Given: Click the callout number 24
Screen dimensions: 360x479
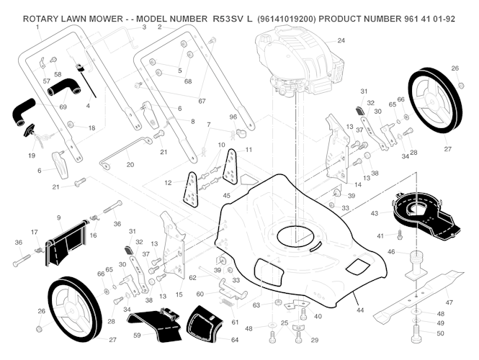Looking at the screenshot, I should (x=341, y=40).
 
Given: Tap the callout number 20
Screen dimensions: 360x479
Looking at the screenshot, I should (x=130, y=165).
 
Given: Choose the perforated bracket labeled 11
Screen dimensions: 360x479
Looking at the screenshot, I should (x=232, y=167).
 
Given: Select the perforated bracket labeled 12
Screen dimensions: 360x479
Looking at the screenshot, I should (x=190, y=188).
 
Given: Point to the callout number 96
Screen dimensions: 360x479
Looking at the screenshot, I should (x=233, y=117).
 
